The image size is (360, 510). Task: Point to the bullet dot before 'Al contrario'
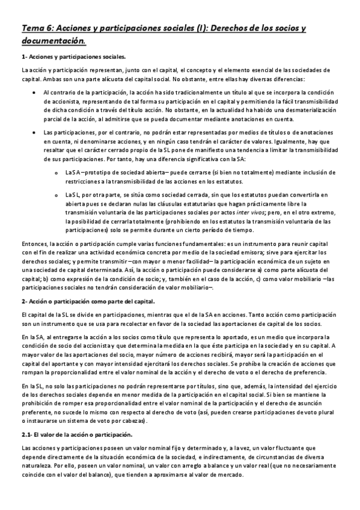coord(32,93)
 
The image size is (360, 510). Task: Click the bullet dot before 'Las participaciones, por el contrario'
coord(32,132)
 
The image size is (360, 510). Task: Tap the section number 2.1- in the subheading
coord(28,434)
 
